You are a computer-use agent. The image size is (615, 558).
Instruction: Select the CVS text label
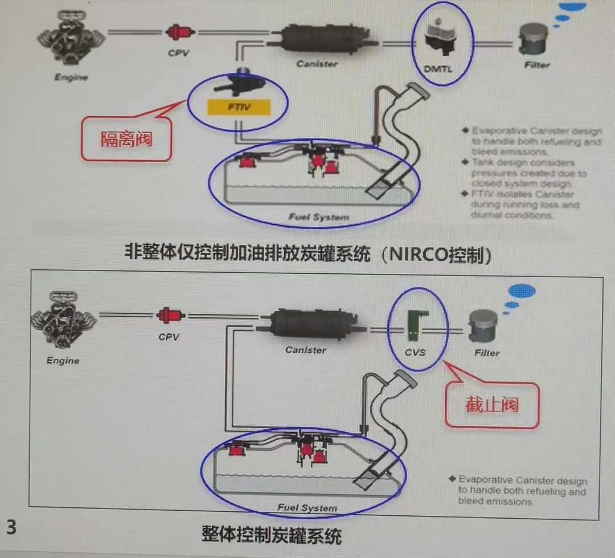pos(415,352)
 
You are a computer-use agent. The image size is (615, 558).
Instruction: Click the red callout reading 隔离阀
pos(126,138)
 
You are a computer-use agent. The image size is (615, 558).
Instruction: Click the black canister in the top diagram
pos(322,39)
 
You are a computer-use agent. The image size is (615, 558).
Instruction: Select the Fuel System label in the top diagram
pos(318,217)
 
